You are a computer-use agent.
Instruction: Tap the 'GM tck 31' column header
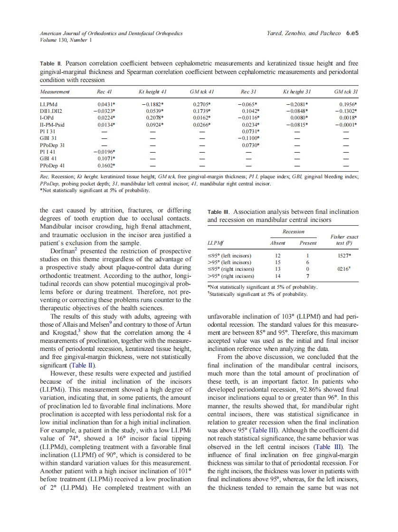point(346,91)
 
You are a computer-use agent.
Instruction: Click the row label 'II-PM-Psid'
point(51,124)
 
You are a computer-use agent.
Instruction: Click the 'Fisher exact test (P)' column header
point(344,240)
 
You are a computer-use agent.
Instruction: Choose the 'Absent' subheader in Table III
point(277,243)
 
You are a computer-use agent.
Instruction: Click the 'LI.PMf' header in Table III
point(215,243)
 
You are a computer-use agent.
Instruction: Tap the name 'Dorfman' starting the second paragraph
point(65,251)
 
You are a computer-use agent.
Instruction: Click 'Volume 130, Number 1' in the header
point(66,40)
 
